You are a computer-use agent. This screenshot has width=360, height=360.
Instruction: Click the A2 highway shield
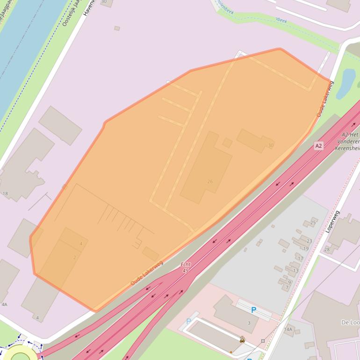click(318, 146)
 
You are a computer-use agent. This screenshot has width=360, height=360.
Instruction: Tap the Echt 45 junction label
click(186, 267)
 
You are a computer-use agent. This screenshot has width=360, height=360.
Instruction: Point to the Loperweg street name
click(332, 222)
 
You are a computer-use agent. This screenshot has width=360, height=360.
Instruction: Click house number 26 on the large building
click(209, 181)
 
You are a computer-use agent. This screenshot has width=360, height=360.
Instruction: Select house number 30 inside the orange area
click(271, 145)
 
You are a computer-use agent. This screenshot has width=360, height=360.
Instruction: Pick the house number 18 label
click(5, 193)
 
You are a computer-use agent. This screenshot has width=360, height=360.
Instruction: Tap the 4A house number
click(4, 304)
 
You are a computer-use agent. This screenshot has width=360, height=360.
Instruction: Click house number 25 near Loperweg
click(313, 223)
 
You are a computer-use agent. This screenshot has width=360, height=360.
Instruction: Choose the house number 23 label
click(309, 241)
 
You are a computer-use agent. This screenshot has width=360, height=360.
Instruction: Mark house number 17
click(300, 258)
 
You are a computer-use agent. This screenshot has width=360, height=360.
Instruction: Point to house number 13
click(295, 271)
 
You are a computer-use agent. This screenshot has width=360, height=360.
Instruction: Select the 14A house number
click(288, 330)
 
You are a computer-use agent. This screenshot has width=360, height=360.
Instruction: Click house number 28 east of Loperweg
click(326, 249)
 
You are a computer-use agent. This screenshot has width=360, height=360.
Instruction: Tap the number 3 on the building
click(249, 323)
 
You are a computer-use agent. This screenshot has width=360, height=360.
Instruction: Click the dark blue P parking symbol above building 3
click(254, 310)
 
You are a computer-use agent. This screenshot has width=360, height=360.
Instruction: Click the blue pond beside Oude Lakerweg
click(348, 82)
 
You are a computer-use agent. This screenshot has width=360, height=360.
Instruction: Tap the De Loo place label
click(350, 323)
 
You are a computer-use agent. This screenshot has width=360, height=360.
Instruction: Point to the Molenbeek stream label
click(226, 7)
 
